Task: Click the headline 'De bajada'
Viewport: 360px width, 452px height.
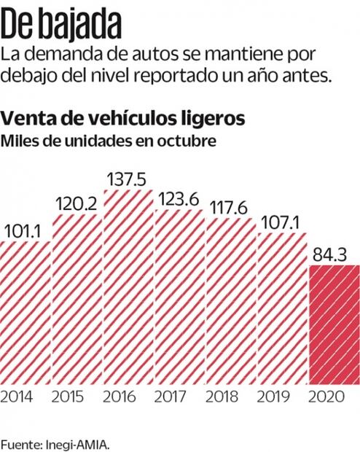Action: tap(60, 23)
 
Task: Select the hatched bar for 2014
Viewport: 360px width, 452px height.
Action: tap(25, 313)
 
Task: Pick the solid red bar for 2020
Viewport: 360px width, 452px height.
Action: tap(334, 324)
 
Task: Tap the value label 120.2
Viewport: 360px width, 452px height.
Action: tap(77, 205)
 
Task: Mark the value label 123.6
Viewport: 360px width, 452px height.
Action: tap(180, 200)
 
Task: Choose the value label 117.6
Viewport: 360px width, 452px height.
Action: tap(231, 209)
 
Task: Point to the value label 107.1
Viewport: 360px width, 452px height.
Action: tap(283, 222)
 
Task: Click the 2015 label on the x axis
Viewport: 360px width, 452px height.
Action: tap(77, 397)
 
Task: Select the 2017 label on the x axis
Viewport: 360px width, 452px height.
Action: tap(180, 397)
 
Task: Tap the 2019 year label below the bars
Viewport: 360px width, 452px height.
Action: tap(283, 397)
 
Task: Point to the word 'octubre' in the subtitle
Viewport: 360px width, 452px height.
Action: tap(192, 141)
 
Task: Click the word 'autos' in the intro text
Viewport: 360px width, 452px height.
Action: tap(167, 54)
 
